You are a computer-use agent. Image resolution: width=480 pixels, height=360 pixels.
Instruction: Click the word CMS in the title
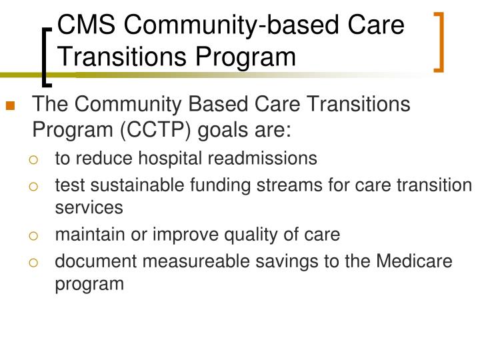point(86,25)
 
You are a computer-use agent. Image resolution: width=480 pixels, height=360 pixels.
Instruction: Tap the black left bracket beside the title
point(45,57)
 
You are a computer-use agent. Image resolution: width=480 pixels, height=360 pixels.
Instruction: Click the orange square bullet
point(11,105)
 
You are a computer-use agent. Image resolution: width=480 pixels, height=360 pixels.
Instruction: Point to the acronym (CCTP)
point(155,130)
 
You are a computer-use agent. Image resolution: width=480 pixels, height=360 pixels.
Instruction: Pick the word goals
point(222,131)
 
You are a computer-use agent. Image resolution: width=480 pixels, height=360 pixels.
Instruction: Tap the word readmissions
point(263,158)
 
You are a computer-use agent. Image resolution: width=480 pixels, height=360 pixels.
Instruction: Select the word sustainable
point(137,185)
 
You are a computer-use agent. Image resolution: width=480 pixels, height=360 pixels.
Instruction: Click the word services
point(89,207)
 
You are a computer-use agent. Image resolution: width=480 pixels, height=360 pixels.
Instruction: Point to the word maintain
point(90,235)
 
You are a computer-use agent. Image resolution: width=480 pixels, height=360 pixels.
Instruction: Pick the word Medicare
point(414,261)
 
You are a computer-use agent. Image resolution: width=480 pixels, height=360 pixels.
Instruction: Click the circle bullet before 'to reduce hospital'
point(33,160)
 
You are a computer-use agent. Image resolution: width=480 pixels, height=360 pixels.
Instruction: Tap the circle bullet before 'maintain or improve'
point(33,236)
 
